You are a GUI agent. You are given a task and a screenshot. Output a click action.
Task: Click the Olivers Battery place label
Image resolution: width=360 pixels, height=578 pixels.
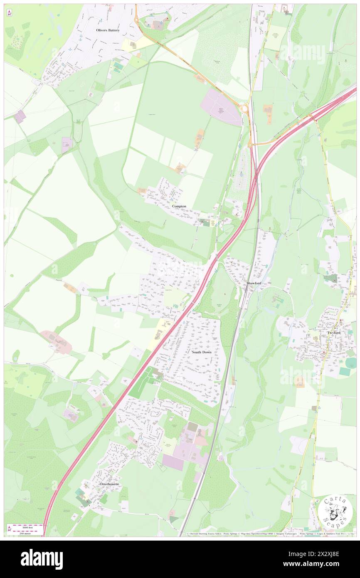tap(108, 30)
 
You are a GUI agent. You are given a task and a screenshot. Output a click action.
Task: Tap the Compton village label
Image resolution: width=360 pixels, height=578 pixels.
tap(179, 206)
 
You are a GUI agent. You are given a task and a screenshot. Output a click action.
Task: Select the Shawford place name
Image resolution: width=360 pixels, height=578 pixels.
tap(254, 283)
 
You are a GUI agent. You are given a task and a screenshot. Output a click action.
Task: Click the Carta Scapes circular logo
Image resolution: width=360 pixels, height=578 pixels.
tap(335, 513)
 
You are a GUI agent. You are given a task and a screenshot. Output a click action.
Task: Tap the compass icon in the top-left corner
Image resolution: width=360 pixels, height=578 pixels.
tap(9, 13)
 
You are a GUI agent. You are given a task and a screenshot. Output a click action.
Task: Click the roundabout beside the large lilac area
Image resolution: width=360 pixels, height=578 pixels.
tap(244, 109)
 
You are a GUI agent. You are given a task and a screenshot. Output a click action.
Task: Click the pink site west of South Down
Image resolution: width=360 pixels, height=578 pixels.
tap(56, 341)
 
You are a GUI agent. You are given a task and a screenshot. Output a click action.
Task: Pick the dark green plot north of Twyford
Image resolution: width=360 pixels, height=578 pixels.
tap(330, 279)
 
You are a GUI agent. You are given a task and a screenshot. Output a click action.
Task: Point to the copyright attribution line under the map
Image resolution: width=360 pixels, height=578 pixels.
tap(270, 534)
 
